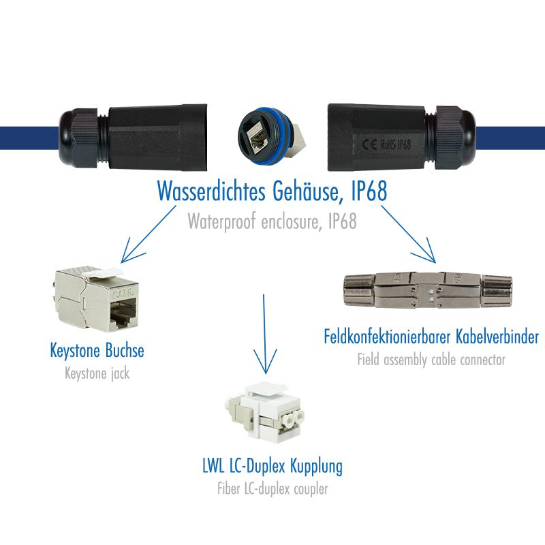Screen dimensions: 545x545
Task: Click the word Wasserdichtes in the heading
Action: click(x=211, y=191)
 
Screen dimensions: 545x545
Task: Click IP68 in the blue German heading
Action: click(x=369, y=191)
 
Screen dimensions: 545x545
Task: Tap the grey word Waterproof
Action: click(x=221, y=221)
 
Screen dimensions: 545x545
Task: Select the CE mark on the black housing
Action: click(x=369, y=144)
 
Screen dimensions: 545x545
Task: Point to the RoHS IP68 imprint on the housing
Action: click(x=396, y=144)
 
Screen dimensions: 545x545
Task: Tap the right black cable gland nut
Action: click(x=455, y=138)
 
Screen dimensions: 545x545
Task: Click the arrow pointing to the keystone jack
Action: click(x=148, y=234)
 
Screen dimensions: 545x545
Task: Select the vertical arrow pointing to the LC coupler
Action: click(x=264, y=334)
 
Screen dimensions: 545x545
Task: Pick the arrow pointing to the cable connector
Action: click(x=408, y=234)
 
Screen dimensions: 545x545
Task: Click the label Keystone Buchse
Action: click(x=97, y=350)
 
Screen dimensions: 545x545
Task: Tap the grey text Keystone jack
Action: click(x=97, y=373)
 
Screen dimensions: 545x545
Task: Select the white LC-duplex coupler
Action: click(x=264, y=413)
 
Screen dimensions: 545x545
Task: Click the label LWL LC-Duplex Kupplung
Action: click(x=272, y=466)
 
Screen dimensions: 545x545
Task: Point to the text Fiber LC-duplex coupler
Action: click(x=272, y=488)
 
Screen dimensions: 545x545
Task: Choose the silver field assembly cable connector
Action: click(x=428, y=290)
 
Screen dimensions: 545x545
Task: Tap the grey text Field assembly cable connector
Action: click(x=431, y=360)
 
